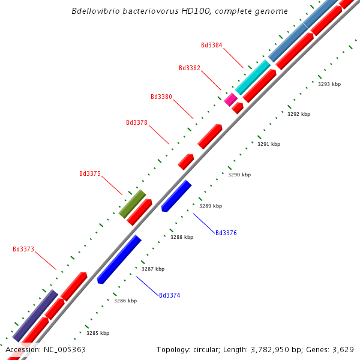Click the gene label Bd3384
click(211, 45)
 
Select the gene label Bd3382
click(190, 68)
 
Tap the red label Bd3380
click(161, 97)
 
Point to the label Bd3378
click(137, 122)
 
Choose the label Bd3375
click(90, 173)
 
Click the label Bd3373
click(23, 249)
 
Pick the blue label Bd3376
click(226, 233)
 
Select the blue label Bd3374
click(169, 295)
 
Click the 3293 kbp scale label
click(329, 85)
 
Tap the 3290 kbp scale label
click(239, 175)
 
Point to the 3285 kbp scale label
click(98, 333)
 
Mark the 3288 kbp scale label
click(182, 237)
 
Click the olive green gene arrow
click(132, 204)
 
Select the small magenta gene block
click(230, 99)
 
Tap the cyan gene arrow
click(253, 77)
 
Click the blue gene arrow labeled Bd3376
click(176, 196)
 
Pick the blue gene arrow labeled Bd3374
click(119, 259)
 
